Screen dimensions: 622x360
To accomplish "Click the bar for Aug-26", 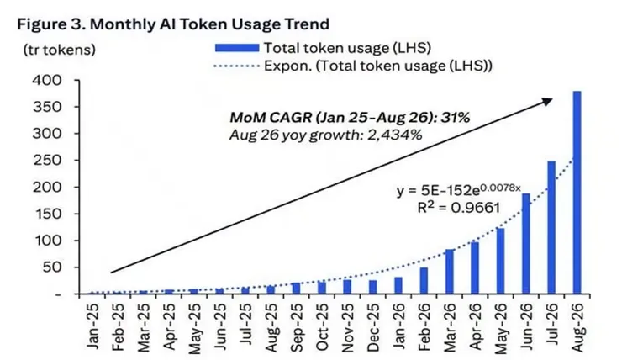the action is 577,193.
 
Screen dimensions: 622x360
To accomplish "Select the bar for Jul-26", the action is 551,227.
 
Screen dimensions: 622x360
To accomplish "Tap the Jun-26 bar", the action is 526,244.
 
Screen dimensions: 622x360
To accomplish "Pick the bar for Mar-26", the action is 450,272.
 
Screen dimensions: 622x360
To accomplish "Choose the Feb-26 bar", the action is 424,281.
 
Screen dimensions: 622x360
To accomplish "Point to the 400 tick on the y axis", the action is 47,81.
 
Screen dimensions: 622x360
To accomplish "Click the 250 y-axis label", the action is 47,161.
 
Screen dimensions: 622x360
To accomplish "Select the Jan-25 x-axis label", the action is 92,326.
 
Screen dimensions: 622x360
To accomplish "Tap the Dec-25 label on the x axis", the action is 373,327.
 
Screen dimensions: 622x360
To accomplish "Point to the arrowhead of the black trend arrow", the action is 547,101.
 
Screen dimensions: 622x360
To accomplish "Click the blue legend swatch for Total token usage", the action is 237,48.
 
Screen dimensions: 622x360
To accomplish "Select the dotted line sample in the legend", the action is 236,66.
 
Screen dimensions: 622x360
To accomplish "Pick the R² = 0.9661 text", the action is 459,207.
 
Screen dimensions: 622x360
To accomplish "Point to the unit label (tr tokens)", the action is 59,50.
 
